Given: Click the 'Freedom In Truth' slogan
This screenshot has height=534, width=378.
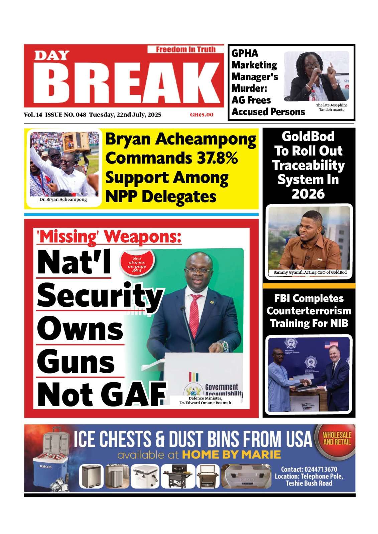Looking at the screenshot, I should point(185,49).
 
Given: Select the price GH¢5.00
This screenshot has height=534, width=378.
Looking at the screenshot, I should point(201,115).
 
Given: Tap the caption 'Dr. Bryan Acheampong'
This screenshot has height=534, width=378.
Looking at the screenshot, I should point(63,199).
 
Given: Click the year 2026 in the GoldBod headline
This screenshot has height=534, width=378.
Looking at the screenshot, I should point(308,194).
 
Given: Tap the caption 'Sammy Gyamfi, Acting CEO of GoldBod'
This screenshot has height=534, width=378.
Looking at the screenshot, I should point(310,272).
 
